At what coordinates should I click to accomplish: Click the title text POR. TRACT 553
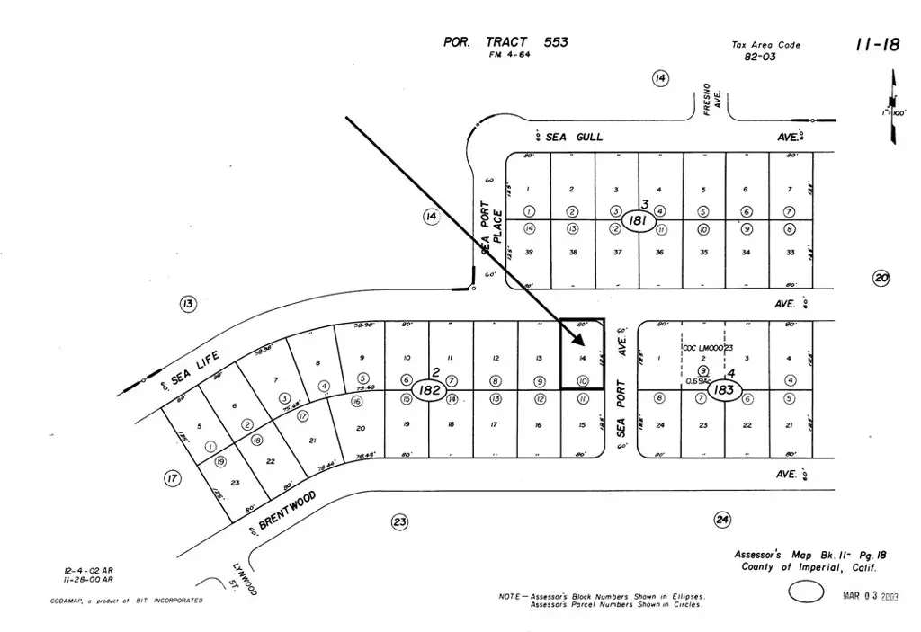coord(505,41)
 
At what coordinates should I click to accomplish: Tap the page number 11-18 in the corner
coord(876,45)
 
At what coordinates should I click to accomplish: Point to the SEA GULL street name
coord(574,137)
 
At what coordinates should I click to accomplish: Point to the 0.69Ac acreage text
coord(696,380)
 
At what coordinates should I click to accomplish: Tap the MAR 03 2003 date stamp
coord(871,595)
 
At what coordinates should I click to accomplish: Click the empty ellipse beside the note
coord(806,591)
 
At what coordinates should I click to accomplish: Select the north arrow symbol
coord(894,112)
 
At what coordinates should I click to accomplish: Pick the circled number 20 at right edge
coord(881,279)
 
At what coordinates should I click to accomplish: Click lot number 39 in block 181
coord(529,252)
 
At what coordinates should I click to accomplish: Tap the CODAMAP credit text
coord(126,601)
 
